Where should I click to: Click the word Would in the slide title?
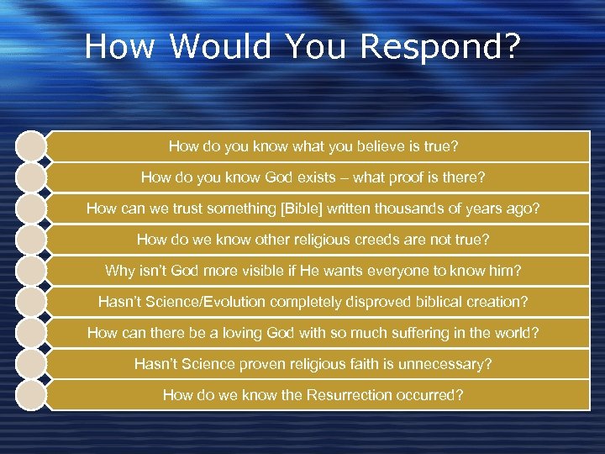(221, 48)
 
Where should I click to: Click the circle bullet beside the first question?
(31, 146)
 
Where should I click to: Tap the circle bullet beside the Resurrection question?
(31, 395)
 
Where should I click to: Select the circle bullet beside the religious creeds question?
(31, 240)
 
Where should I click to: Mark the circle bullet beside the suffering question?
(31, 333)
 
